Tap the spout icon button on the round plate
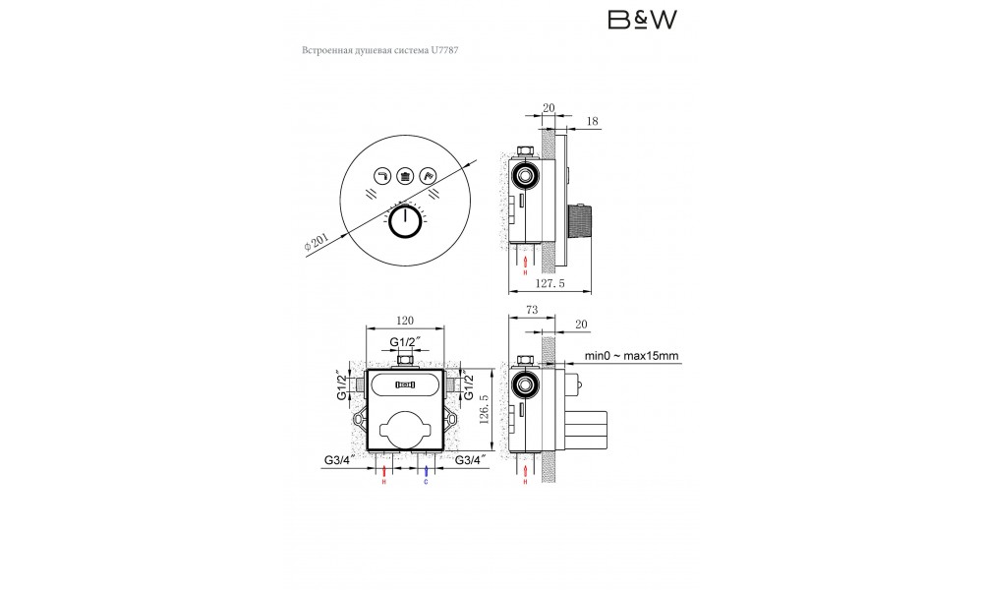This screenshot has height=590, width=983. (381, 176)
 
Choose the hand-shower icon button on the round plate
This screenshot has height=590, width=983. (428, 176)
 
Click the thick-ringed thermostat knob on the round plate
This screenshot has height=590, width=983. (405, 223)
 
